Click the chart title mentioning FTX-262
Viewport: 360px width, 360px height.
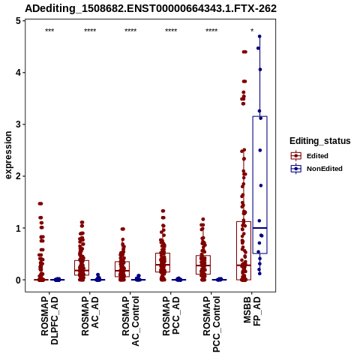pyautogui.click(x=151, y=8)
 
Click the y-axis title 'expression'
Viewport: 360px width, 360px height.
pyautogui.click(x=8, y=155)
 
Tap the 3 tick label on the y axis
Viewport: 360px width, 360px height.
pyautogui.click(x=18, y=124)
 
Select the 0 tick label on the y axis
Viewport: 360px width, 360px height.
pyautogui.click(x=18, y=280)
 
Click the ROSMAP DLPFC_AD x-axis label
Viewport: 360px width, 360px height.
pyautogui.click(x=49, y=320)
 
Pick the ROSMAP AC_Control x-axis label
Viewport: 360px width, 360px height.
pyautogui.click(x=130, y=321)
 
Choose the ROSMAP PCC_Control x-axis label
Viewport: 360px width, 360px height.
pyautogui.click(x=211, y=324)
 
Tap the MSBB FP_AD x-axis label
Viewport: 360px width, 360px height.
pyautogui.click(x=252, y=311)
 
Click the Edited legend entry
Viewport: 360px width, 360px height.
pyautogui.click(x=310, y=156)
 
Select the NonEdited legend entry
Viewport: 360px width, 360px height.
pyautogui.click(x=316, y=169)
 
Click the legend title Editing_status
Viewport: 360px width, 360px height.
pyautogui.click(x=320, y=141)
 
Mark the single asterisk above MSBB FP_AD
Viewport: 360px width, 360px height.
pyautogui.click(x=252, y=31)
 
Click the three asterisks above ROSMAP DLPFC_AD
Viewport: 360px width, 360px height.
pyautogui.click(x=49, y=31)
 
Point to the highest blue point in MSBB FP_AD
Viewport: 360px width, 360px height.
pyautogui.click(x=259, y=37)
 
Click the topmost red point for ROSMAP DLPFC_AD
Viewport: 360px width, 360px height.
pyautogui.click(x=40, y=203)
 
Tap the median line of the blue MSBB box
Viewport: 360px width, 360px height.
pyautogui.click(x=260, y=228)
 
